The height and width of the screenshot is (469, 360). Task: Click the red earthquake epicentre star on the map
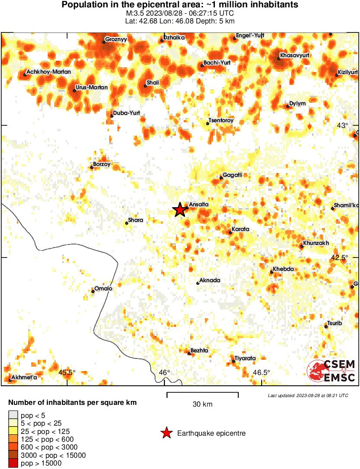coord(180,210)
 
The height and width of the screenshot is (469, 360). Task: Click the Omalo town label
coord(104,289)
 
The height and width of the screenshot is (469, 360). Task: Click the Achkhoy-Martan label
coord(49,72)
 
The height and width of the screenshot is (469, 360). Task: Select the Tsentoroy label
coord(221,121)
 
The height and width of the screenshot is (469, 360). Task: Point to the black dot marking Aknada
coord(198,283)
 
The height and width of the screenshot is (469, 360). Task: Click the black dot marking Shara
coord(126,223)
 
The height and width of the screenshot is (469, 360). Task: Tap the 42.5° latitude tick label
coord(339,257)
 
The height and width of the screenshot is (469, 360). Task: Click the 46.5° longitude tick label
coord(261,373)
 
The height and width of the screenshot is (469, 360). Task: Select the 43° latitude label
coord(343,126)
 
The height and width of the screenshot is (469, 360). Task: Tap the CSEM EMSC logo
coord(331,371)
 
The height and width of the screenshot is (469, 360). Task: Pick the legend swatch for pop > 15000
coord(13,463)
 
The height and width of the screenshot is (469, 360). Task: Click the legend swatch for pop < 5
coord(13,415)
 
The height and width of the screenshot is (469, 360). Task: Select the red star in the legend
coord(166,433)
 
